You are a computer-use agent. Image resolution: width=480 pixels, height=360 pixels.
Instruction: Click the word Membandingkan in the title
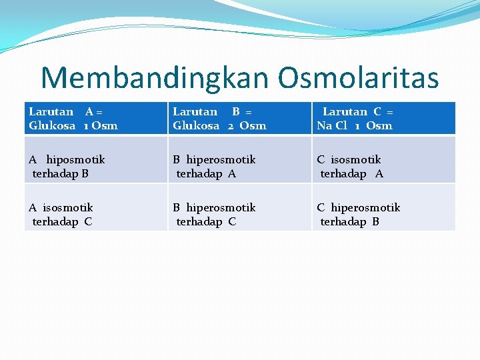click(x=155, y=78)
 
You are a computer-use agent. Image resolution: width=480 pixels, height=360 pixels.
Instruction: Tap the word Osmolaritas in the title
click(x=358, y=78)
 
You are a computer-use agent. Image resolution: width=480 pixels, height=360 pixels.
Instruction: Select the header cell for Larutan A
click(x=95, y=118)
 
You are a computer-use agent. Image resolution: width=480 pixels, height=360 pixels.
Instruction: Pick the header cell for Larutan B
click(x=239, y=118)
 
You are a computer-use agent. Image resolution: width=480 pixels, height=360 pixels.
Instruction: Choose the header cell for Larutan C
click(x=384, y=118)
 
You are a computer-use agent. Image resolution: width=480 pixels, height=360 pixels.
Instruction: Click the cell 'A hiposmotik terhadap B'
click(x=95, y=166)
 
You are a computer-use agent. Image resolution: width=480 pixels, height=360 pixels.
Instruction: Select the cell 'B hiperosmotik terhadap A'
click(x=239, y=166)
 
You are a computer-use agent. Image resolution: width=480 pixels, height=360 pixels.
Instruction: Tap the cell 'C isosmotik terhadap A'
click(x=384, y=166)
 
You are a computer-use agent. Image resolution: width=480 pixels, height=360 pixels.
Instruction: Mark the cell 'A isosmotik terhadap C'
click(x=95, y=214)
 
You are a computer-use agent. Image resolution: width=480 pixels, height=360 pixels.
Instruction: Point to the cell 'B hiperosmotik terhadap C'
click(x=239, y=214)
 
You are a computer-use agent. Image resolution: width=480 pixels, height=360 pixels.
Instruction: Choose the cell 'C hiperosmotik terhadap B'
click(x=384, y=214)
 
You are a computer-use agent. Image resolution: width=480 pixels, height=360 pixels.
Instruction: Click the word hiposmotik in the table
click(x=75, y=160)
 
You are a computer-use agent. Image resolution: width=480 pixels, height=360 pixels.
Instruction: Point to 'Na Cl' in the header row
click(x=332, y=125)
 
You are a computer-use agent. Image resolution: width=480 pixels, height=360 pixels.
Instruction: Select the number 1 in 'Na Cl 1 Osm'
click(x=357, y=125)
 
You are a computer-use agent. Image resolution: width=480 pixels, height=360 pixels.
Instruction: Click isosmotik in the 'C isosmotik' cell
click(x=355, y=160)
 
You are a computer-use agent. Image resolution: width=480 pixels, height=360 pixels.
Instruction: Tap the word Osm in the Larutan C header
click(x=379, y=125)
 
